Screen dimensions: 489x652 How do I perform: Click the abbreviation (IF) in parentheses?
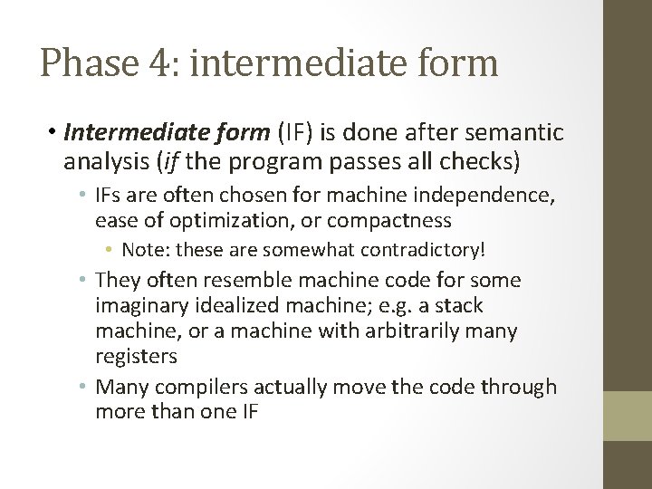[297, 134]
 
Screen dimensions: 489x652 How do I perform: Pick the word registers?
[135, 356]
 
